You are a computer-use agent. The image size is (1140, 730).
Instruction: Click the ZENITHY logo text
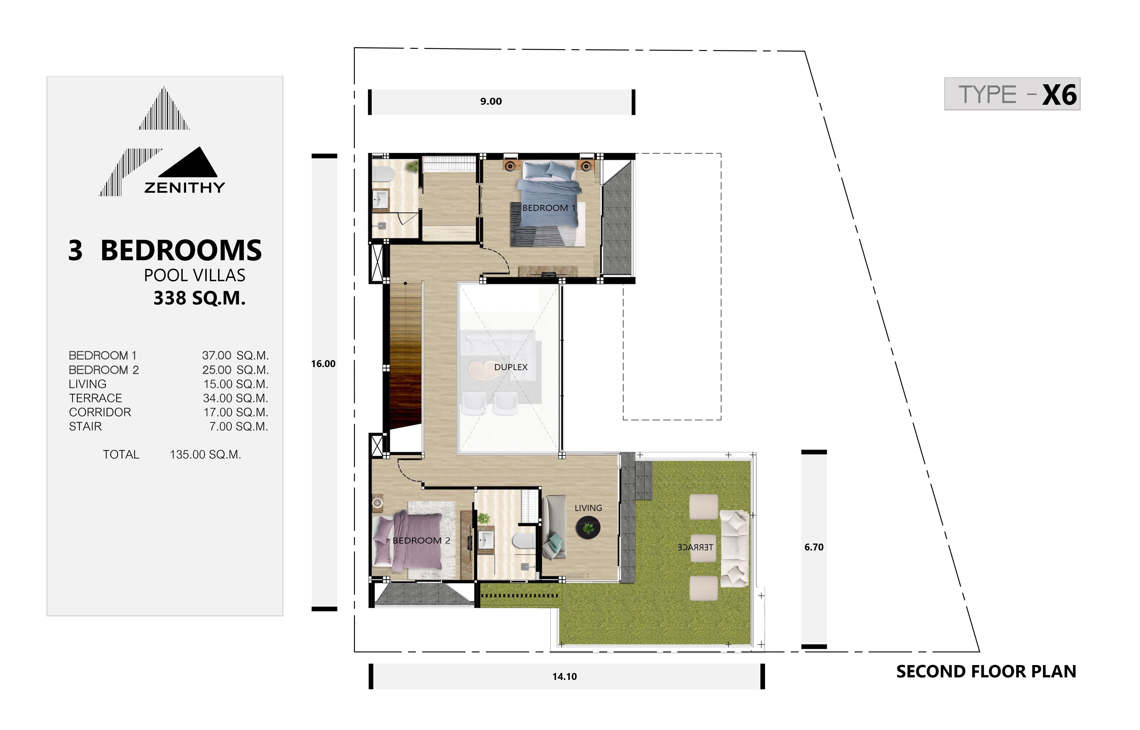[x=184, y=188]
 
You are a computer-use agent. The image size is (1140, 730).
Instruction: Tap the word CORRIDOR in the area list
[x=100, y=412]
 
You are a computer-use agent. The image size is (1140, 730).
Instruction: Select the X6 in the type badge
[x=1059, y=95]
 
